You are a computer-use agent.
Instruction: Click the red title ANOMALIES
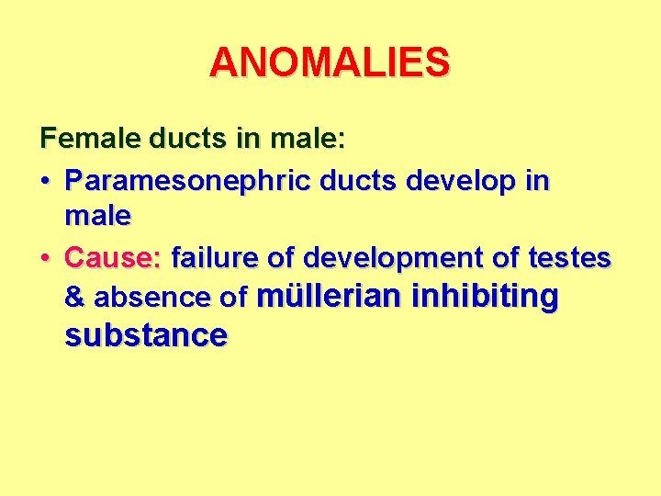(x=330, y=62)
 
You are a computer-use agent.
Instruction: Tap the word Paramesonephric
(x=188, y=180)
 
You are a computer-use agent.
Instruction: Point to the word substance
(x=146, y=334)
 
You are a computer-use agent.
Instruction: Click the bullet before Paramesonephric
(x=46, y=181)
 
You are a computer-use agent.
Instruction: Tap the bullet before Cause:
(x=46, y=258)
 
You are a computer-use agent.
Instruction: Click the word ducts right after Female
(x=174, y=140)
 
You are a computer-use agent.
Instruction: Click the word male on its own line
(x=98, y=217)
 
